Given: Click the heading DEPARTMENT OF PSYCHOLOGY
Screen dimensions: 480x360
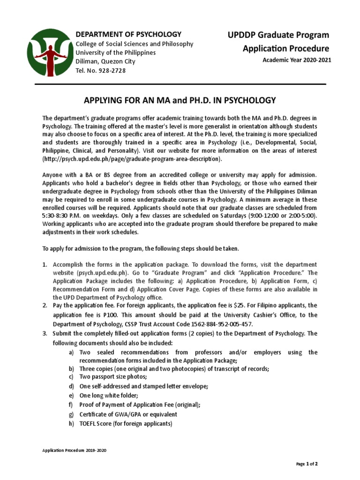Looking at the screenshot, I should [x=128, y=34].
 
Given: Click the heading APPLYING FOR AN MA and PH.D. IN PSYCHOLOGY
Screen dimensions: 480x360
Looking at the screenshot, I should [x=180, y=100].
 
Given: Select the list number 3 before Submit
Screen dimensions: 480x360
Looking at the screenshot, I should [x=45, y=333].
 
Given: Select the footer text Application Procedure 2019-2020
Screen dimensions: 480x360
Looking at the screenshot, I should [x=75, y=450].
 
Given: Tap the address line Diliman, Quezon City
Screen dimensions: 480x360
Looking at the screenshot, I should [x=105, y=61].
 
